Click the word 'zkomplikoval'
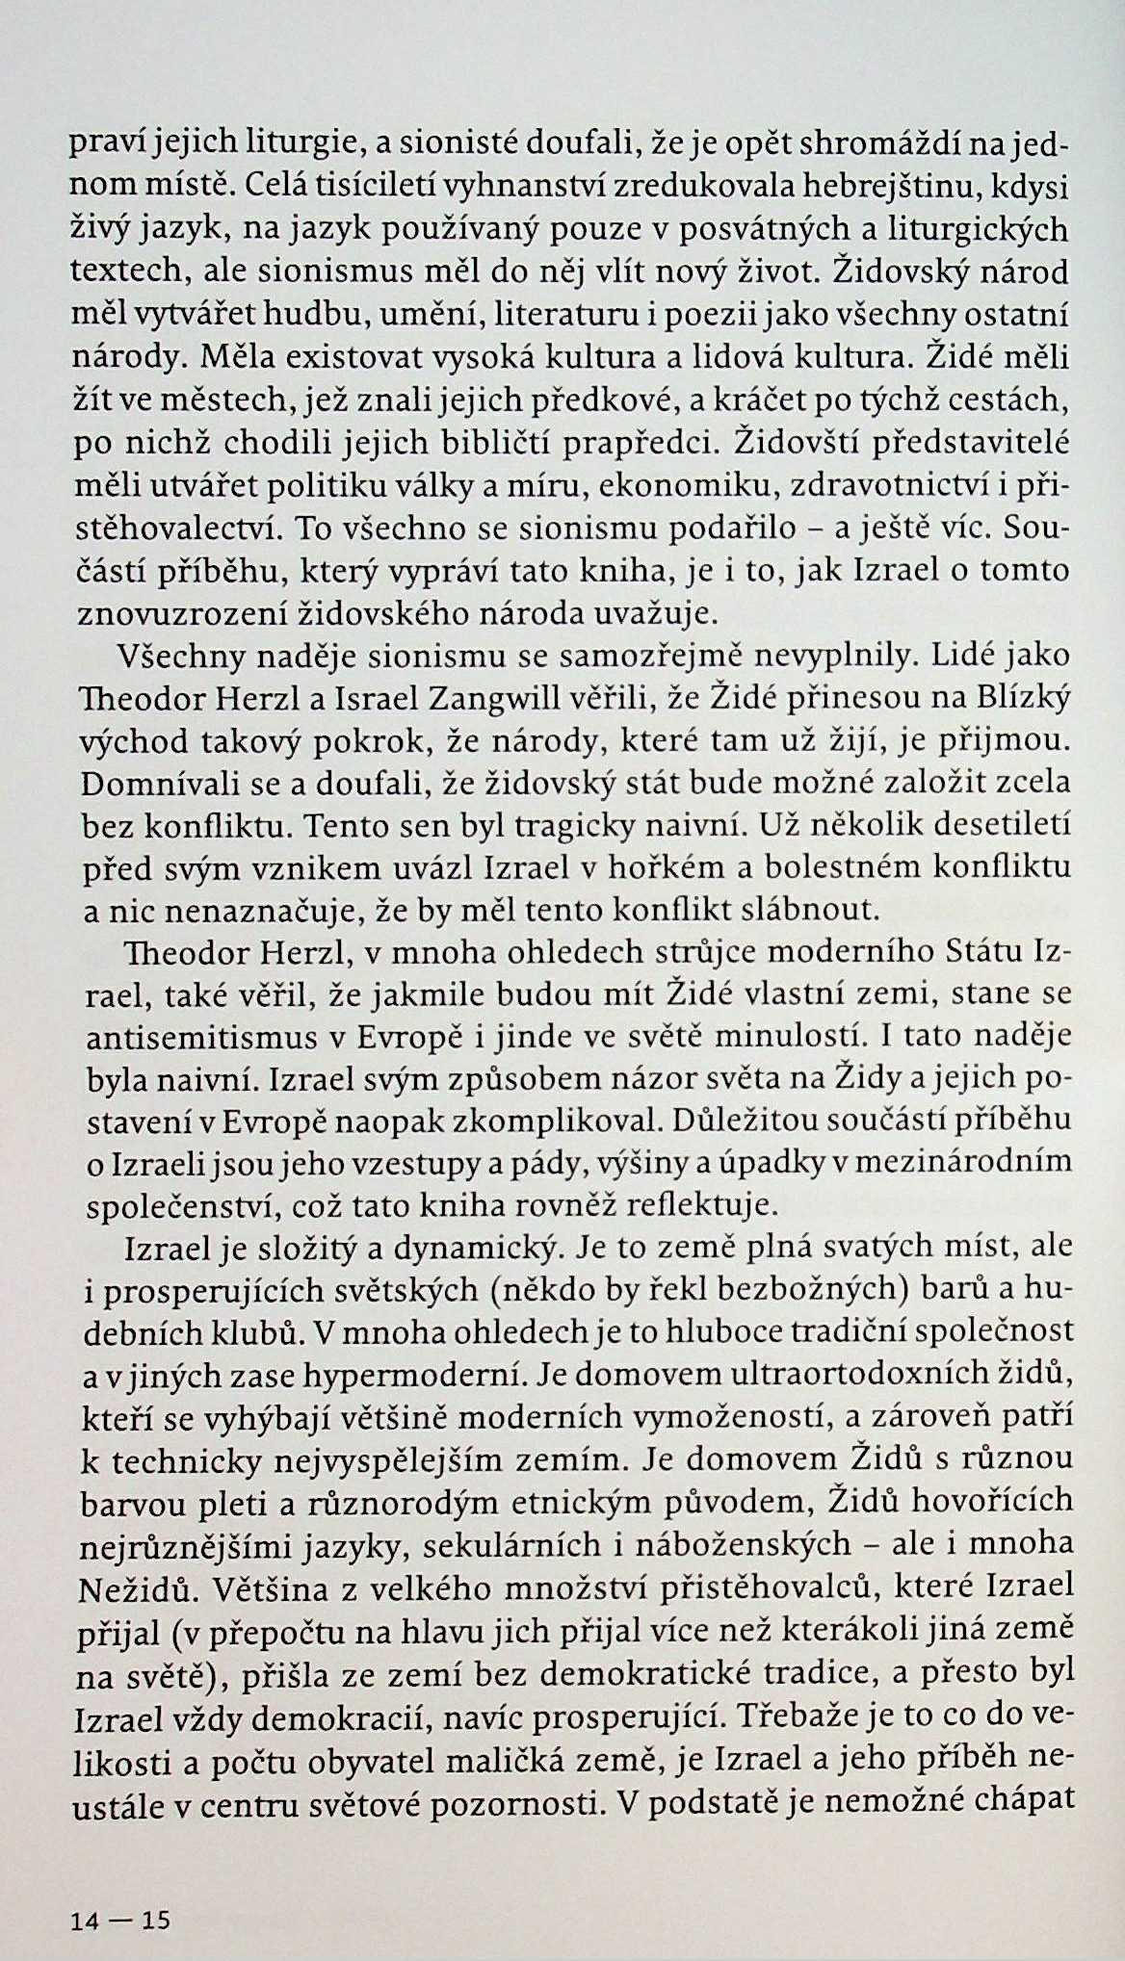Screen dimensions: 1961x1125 click(616, 1121)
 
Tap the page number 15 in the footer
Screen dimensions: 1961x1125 click(155, 1895)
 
